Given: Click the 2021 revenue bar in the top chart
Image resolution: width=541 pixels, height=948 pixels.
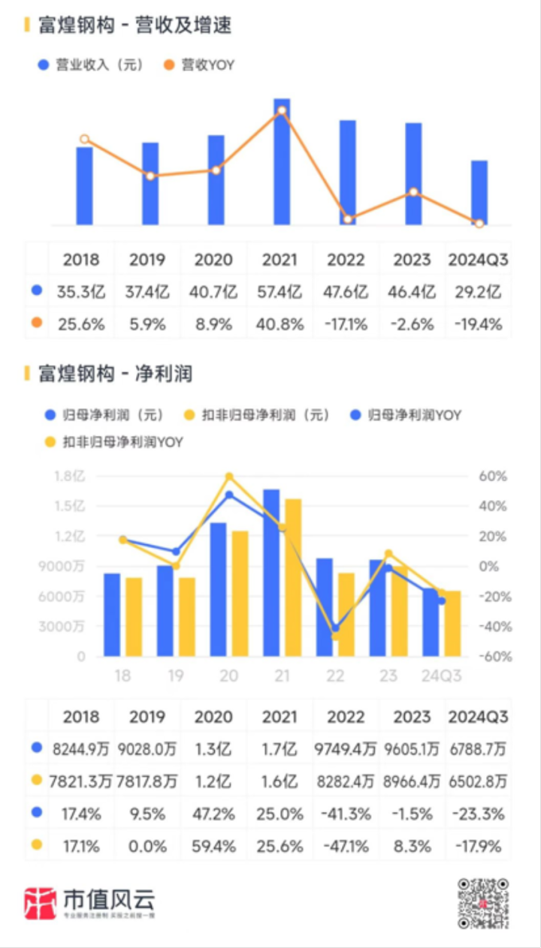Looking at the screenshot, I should pyautogui.click(x=282, y=161).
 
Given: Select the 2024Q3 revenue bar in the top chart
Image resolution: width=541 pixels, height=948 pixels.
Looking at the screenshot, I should pyautogui.click(x=479, y=192).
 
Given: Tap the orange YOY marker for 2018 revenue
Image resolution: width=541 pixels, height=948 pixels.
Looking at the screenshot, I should pyautogui.click(x=84, y=139).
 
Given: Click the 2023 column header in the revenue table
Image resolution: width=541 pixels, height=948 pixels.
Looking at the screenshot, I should pyautogui.click(x=412, y=260).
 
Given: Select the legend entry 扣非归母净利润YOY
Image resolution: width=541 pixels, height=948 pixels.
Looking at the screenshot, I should pyautogui.click(x=113, y=442).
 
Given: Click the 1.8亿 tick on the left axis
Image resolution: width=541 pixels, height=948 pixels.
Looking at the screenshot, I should pyautogui.click(x=70, y=476).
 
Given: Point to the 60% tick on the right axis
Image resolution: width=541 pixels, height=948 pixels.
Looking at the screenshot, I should pyautogui.click(x=492, y=476).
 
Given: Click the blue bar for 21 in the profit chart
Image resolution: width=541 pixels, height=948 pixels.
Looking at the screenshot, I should pyautogui.click(x=271, y=572).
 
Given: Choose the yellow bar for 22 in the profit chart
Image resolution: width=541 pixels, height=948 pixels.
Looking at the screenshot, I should pyautogui.click(x=346, y=614).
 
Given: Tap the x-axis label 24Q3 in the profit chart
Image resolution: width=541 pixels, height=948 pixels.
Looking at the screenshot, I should pyautogui.click(x=441, y=676).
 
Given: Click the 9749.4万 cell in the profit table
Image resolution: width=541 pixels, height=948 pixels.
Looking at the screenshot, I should pyautogui.click(x=345, y=749).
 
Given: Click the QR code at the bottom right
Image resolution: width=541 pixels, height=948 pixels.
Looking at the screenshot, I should pyautogui.click(x=483, y=903).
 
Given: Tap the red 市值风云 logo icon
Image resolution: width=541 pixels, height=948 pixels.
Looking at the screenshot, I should pyautogui.click(x=41, y=903).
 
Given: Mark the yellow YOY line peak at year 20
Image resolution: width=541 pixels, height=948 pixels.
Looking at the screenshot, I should pyautogui.click(x=229, y=477).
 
